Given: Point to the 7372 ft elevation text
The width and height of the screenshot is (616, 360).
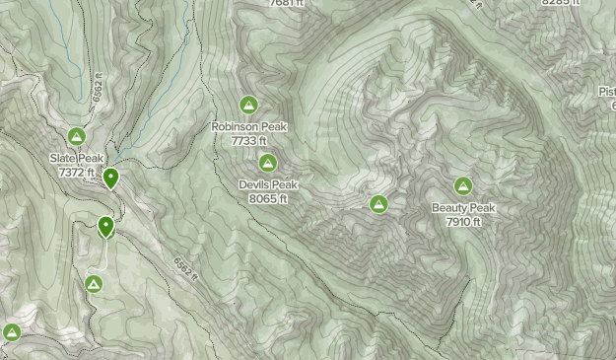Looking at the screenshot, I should click(76, 172).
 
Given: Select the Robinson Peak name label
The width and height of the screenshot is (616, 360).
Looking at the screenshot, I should click(248, 127).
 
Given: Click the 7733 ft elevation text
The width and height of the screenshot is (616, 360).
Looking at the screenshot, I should click(248, 141).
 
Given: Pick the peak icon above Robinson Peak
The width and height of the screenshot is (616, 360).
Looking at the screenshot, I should click(248, 105).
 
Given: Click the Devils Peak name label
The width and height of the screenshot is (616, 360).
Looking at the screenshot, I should click(268, 184).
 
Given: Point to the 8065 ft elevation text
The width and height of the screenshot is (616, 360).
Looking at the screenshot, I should click(268, 198).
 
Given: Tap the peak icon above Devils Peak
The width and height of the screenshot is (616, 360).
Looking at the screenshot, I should click(268, 163).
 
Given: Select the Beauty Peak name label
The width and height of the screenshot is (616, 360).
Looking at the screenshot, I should click(463, 208).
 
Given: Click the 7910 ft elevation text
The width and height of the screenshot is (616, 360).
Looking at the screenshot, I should click(463, 222).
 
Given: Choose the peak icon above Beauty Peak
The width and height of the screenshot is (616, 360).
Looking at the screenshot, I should click(463, 185).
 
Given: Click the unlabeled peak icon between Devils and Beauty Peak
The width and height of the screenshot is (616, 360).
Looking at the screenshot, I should click(377, 204).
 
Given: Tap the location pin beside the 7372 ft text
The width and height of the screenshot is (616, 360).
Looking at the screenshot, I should click(111, 179).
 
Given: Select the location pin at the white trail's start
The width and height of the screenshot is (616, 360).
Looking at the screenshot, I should click(105, 227).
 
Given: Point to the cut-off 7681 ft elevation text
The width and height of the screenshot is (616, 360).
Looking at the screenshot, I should click(287, 4).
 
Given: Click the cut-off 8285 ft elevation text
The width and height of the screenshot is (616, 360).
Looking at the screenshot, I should click(560, 3).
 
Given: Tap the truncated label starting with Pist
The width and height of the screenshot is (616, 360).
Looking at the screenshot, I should click(606, 92).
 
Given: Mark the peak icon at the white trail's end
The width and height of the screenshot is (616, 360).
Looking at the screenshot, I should click(94, 285).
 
